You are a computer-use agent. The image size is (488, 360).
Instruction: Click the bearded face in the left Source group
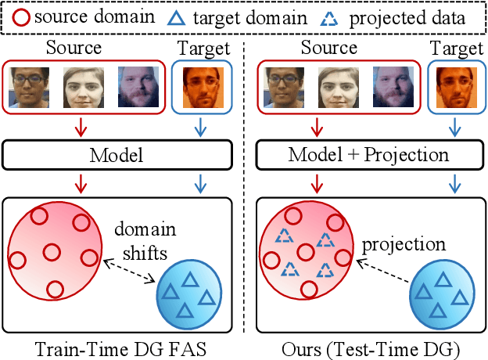[x=138, y=87]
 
